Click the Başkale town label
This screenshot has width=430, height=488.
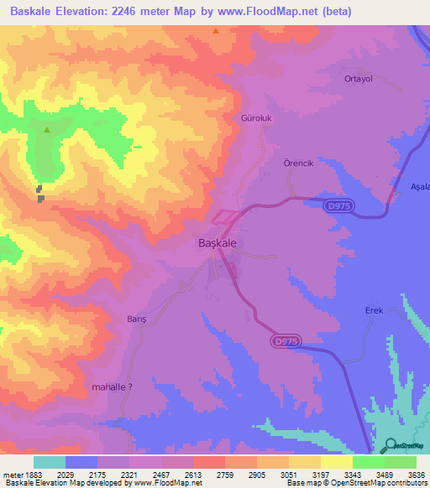216,242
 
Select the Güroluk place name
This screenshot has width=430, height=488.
258,119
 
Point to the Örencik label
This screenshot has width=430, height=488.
298,164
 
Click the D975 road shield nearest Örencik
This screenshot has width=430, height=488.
339,205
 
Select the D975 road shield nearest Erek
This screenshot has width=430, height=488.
285,340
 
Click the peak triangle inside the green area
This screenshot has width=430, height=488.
47,130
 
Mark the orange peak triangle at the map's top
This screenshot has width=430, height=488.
216,31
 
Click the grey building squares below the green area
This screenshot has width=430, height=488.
39,194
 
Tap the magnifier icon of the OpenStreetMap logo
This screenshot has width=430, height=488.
390,445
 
